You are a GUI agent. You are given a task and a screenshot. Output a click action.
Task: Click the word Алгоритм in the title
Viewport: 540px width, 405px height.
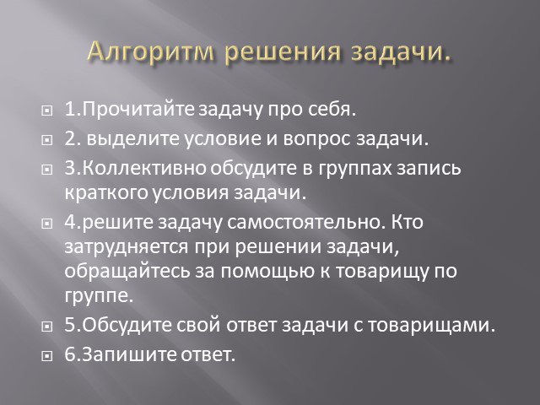[150, 52]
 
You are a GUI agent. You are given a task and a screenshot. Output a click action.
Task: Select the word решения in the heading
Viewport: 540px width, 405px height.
[283, 53]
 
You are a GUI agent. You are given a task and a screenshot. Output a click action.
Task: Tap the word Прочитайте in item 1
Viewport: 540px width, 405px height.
[138, 110]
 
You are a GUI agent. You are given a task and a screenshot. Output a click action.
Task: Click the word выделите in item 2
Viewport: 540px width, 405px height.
[133, 138]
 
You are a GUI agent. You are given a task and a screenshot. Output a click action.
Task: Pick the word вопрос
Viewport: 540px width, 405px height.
[317, 139]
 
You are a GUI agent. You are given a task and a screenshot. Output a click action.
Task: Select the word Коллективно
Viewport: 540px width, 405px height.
[144, 168]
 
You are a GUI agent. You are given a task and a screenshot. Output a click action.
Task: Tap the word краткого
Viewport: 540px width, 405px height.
[106, 193]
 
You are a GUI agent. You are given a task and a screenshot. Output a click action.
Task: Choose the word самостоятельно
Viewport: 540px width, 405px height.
[305, 222]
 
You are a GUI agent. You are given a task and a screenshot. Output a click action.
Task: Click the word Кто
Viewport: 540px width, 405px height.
[407, 222]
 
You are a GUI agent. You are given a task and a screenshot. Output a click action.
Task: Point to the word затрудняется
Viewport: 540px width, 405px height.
[127, 247]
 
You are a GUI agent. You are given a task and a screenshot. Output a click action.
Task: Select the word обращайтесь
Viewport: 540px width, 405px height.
[127, 272]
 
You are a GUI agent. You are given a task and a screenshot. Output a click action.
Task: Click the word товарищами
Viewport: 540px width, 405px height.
[431, 326]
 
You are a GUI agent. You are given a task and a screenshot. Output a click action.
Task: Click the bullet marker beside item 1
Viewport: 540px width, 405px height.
[47, 111]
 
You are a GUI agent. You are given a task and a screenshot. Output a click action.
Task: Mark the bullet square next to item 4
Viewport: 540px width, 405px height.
[47, 224]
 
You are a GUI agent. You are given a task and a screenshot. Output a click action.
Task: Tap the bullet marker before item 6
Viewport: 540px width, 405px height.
[47, 356]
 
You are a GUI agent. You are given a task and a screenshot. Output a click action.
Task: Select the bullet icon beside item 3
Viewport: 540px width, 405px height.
[47, 170]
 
